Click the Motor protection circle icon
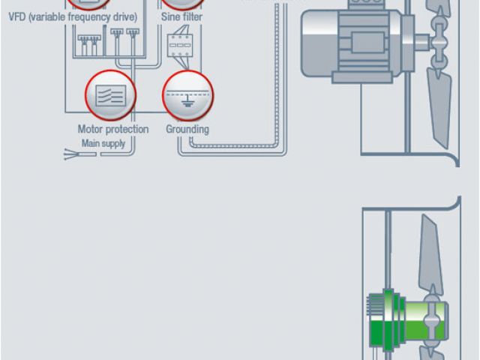112,95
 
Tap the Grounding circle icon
188,95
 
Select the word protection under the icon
127,129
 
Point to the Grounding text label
187,129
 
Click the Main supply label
103,143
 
